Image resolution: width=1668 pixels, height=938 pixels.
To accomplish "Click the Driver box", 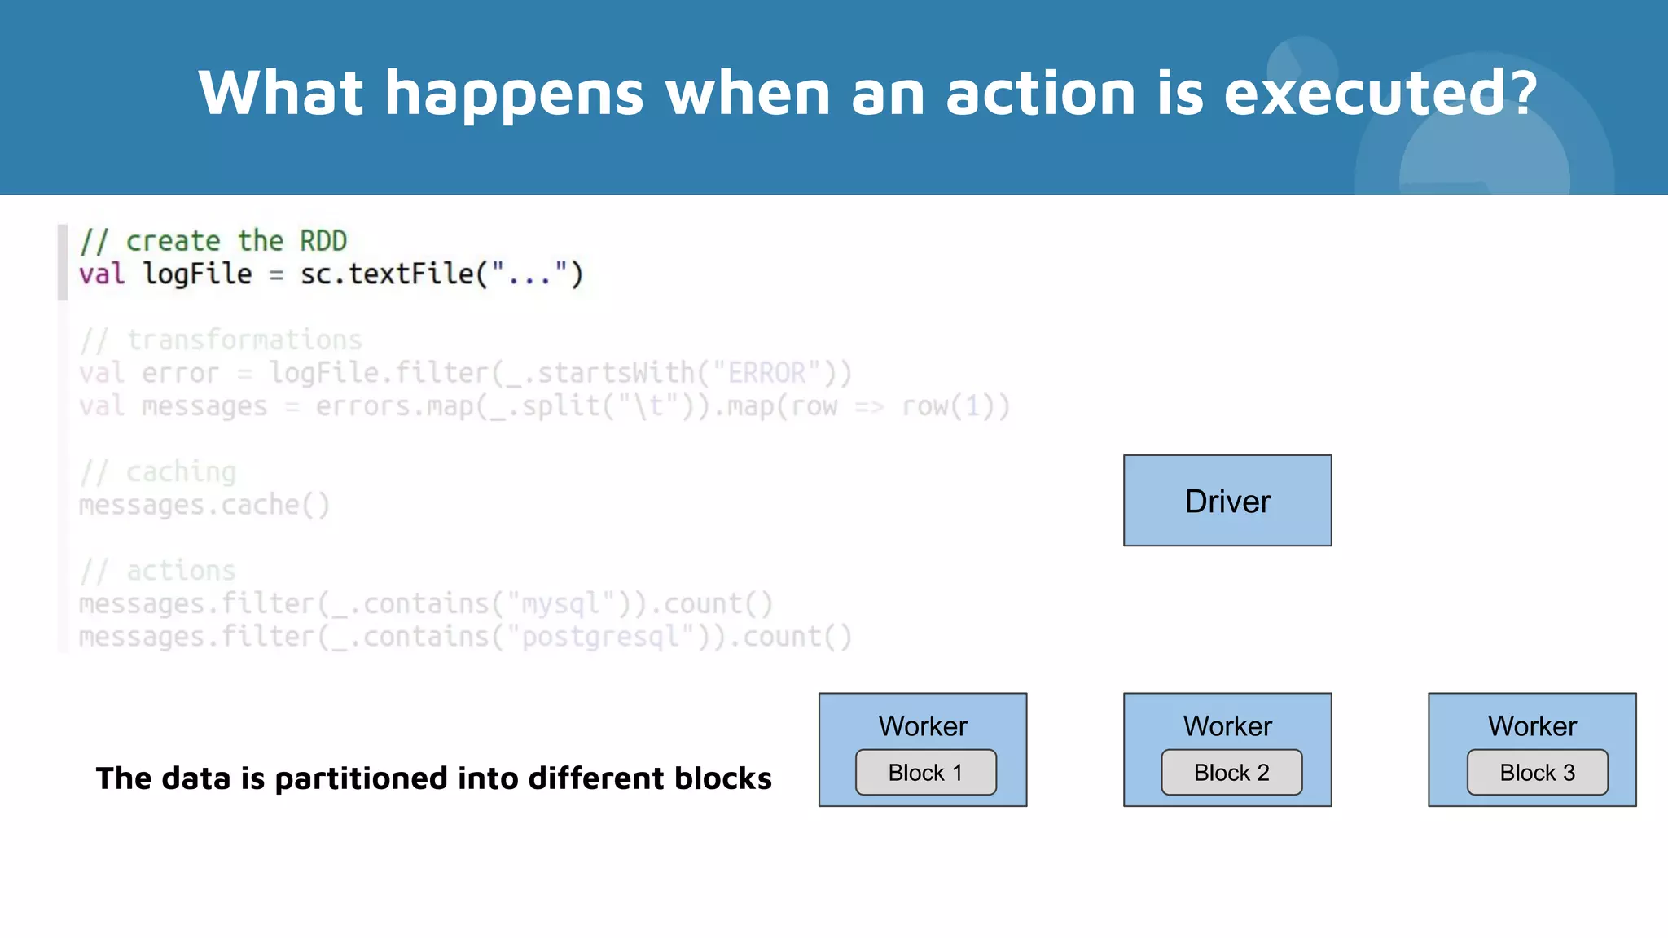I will (x=1227, y=501).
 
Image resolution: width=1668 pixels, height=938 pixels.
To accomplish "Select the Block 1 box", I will (x=925, y=772).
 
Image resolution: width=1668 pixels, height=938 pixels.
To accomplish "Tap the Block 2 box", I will (x=1231, y=772).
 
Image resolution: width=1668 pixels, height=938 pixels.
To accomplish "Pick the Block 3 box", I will (x=1537, y=772).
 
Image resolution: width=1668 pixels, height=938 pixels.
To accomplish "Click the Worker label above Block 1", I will (x=923, y=725).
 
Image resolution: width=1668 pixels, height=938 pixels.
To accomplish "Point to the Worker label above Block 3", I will (x=1532, y=725).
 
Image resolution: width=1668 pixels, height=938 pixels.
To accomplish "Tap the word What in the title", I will (x=280, y=93).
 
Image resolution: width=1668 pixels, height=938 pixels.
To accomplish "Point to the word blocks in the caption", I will (x=722, y=778).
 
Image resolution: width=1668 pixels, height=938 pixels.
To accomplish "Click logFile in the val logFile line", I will (x=197, y=274).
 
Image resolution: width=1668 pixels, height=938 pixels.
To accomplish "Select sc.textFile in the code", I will (x=388, y=274).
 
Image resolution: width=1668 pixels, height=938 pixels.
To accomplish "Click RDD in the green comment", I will (x=323, y=241).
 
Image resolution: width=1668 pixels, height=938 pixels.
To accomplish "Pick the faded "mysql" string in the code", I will (x=561, y=604).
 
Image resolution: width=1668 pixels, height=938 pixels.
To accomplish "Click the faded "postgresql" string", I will (x=601, y=637).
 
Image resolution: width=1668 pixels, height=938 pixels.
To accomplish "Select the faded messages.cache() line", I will (x=204, y=506).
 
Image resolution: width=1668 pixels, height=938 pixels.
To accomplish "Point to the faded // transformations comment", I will (x=221, y=340).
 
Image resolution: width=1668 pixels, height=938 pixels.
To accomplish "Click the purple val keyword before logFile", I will (x=102, y=274).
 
